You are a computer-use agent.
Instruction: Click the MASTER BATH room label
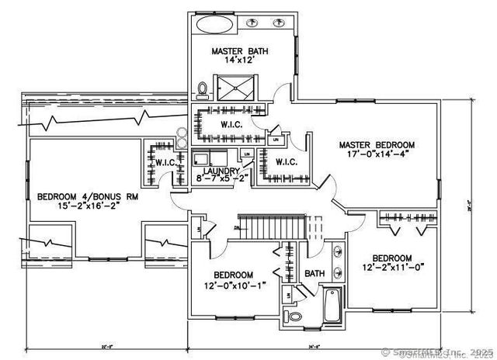coord(241,51)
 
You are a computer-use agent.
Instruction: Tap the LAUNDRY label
coord(220,171)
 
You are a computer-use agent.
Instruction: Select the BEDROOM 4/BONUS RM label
coord(87,197)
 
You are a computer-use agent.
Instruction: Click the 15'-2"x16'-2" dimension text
coord(87,207)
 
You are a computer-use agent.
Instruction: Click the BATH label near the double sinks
coord(314,273)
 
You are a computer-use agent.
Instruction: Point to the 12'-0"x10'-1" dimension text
coord(233,286)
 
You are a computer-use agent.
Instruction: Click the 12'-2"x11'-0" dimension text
coord(391,268)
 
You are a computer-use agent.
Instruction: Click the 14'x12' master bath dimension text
coord(241,61)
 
